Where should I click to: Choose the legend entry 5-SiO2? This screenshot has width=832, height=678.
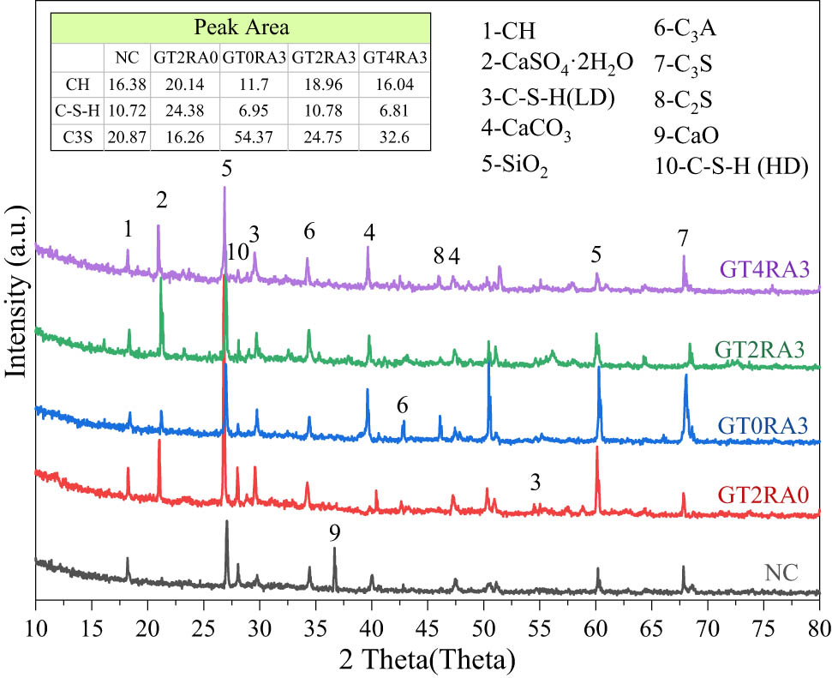[517, 166]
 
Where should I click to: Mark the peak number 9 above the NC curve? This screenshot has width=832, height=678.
[335, 533]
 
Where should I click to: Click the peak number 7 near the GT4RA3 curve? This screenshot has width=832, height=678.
[683, 236]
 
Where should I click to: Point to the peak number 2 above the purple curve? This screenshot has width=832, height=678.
[160, 200]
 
